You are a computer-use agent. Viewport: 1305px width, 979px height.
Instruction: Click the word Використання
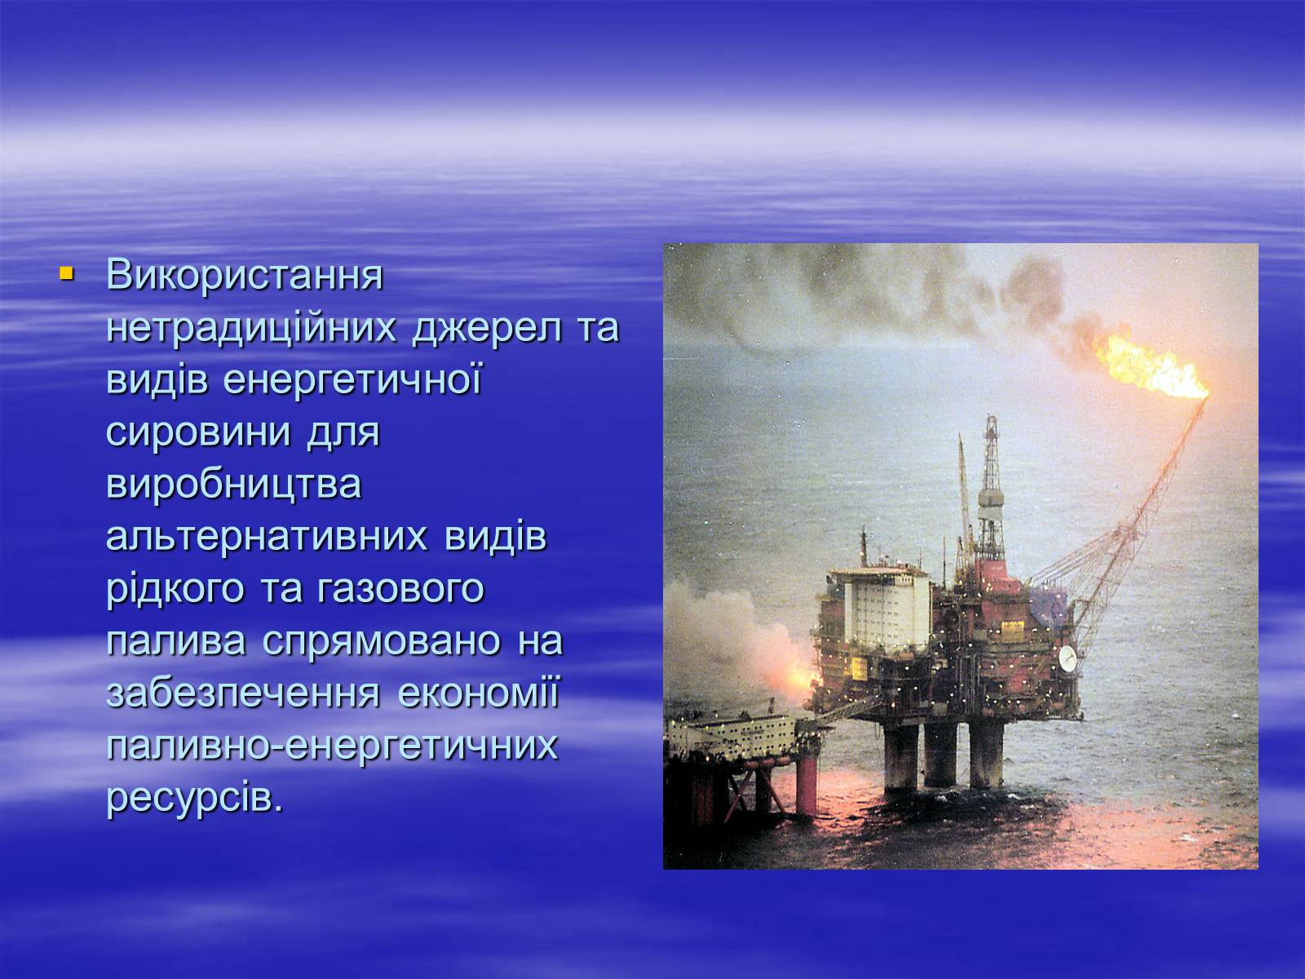click(x=245, y=275)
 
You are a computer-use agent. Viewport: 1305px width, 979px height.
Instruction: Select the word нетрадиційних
click(x=251, y=327)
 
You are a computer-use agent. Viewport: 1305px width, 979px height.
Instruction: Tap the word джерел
click(x=486, y=329)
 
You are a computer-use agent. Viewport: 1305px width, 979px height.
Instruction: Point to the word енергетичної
click(x=352, y=380)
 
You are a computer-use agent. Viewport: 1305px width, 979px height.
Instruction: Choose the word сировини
click(x=198, y=432)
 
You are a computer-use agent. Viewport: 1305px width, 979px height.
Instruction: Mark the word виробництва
click(x=233, y=485)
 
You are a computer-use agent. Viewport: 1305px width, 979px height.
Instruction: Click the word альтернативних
click(x=267, y=537)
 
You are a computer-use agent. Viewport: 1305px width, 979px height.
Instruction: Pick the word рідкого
click(x=175, y=589)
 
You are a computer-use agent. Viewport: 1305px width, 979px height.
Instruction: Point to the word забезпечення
click(x=242, y=693)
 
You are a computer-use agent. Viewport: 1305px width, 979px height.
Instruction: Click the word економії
click(x=479, y=693)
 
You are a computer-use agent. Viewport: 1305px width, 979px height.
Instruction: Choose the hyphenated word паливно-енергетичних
click(x=332, y=746)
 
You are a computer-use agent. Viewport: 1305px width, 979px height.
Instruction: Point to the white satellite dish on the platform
click(x=1067, y=658)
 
